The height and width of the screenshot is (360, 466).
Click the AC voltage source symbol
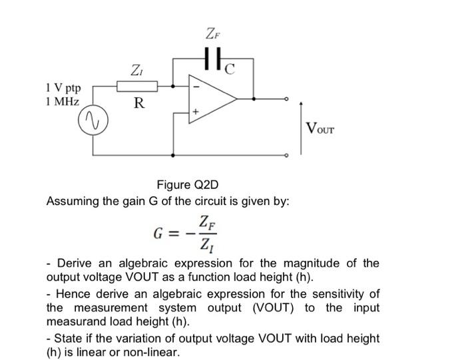[93, 122]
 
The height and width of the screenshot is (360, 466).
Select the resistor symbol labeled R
[137, 86]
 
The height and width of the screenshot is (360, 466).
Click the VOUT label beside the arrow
[320, 127]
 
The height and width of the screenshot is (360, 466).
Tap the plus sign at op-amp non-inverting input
[196, 113]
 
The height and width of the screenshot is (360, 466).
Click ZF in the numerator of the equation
[207, 222]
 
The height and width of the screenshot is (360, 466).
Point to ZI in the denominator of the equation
[207, 245]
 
